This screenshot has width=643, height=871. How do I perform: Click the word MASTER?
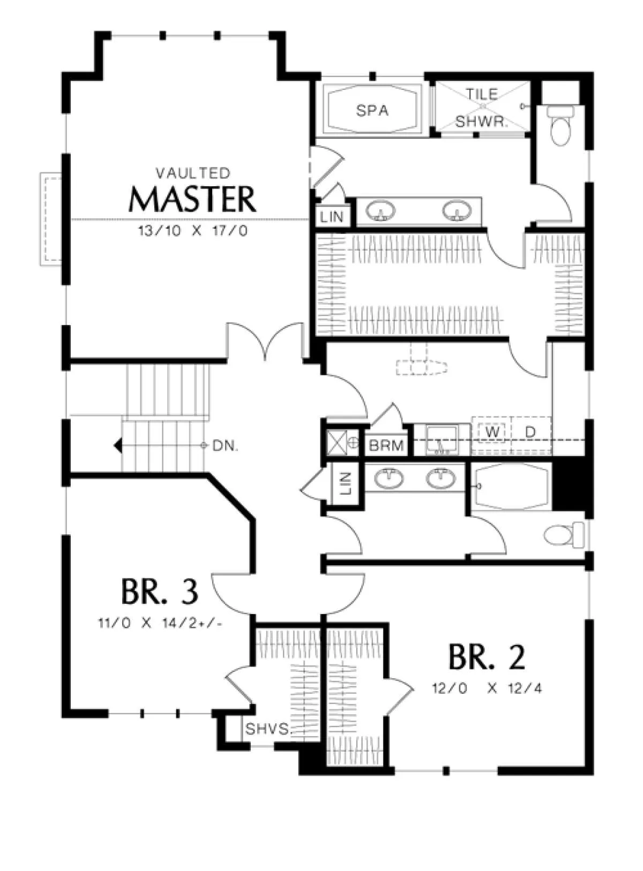[192, 199]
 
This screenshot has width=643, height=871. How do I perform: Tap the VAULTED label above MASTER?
[193, 173]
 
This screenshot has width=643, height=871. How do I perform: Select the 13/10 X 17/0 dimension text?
[193, 231]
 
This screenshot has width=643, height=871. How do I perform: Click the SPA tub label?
[372, 111]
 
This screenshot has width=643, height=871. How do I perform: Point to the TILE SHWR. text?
[482, 108]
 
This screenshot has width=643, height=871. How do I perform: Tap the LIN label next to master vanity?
[332, 217]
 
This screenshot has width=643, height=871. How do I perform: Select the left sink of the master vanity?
[381, 211]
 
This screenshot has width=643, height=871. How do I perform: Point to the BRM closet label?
[386, 445]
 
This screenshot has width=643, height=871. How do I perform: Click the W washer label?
[492, 431]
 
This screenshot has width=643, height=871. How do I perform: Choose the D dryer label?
[530, 431]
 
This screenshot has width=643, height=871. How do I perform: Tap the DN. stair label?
[226, 446]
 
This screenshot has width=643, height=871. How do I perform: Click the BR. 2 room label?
[487, 657]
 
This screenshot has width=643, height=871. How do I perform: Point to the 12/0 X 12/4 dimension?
[487, 688]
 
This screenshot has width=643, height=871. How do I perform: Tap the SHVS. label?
[268, 729]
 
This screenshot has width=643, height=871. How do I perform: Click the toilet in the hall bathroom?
[564, 535]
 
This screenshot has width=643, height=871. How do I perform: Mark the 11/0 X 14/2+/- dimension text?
[160, 623]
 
